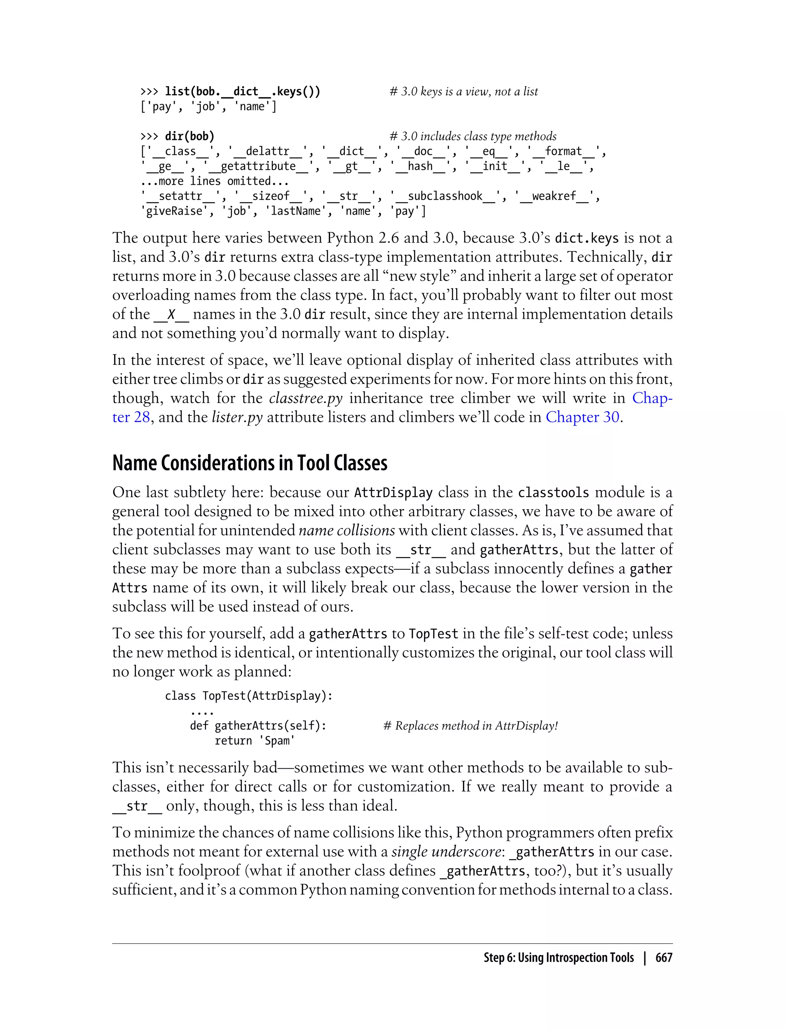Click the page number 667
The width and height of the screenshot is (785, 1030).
pyautogui.click(x=663, y=958)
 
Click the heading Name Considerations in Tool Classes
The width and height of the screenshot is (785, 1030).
pyautogui.click(x=250, y=463)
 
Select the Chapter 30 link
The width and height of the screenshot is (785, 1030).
pyautogui.click(x=583, y=417)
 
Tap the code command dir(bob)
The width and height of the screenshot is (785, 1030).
pyautogui.click(x=189, y=136)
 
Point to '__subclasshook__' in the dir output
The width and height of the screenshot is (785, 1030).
pyautogui.click(x=445, y=196)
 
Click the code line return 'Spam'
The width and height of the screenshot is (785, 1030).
pyautogui.click(x=255, y=741)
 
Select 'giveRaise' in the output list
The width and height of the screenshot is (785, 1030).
pyautogui.click(x=174, y=211)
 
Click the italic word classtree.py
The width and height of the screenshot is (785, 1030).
pyautogui.click(x=305, y=398)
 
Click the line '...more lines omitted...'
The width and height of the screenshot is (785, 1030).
pyautogui.click(x=215, y=181)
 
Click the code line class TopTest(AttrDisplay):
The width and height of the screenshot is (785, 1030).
pyautogui.click(x=249, y=696)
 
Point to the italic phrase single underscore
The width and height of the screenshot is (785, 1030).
pyautogui.click(x=446, y=851)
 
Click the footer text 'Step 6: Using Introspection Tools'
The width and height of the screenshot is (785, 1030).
pyautogui.click(x=558, y=958)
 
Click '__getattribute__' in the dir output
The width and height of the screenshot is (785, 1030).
pyautogui.click(x=258, y=166)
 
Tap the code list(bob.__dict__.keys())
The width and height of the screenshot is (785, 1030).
pyautogui.click(x=243, y=92)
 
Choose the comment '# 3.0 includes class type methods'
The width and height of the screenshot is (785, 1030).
pyautogui.click(x=473, y=136)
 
